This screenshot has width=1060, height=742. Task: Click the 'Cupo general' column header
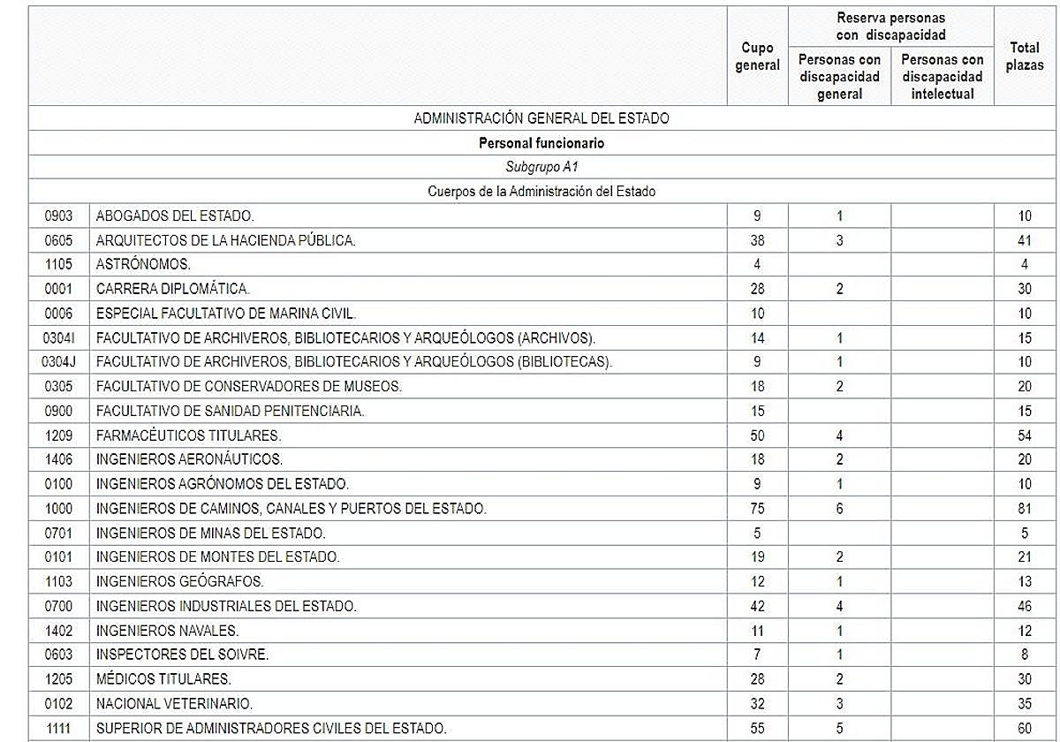click(x=758, y=57)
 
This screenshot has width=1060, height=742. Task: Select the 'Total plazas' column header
click(x=1025, y=57)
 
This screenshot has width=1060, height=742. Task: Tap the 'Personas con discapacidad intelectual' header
click(x=943, y=77)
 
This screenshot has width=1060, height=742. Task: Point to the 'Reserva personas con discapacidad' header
click(x=890, y=26)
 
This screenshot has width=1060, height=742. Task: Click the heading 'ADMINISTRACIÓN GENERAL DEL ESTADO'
click(x=541, y=118)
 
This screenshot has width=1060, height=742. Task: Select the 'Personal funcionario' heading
click(x=541, y=142)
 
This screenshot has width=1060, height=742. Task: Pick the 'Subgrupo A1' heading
click(x=541, y=167)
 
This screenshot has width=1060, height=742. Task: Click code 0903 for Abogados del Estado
click(x=58, y=216)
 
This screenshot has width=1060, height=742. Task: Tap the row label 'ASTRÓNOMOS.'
click(x=143, y=264)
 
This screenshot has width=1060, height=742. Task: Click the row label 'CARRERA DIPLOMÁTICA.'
click(x=173, y=289)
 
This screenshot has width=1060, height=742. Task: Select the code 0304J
click(x=58, y=362)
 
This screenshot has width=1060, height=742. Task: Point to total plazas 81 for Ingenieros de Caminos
click(x=1025, y=509)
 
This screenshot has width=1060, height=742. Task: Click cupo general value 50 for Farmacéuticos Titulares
click(x=758, y=435)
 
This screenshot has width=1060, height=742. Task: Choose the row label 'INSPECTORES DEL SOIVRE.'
click(x=182, y=655)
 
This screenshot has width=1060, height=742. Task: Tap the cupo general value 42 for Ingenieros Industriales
click(x=758, y=606)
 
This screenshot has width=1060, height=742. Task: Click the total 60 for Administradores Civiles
click(x=1025, y=729)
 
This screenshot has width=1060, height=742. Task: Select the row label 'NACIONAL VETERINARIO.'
click(x=174, y=704)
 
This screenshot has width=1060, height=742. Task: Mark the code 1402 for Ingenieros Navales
click(x=58, y=631)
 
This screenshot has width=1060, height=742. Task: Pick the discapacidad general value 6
click(x=839, y=509)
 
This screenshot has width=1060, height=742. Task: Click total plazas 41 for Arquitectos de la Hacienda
click(x=1025, y=240)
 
